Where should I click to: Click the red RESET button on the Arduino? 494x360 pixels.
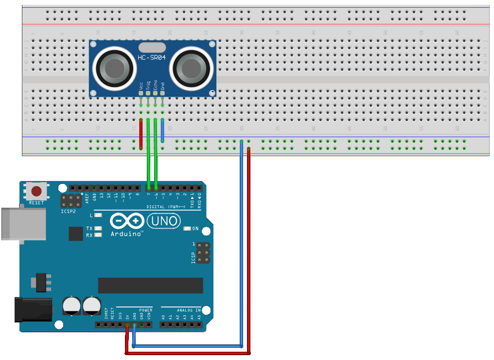(36, 191)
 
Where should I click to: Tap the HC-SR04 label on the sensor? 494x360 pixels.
(152, 57)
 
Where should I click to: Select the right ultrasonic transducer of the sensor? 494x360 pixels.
(191, 67)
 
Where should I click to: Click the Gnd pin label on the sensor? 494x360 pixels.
(162, 85)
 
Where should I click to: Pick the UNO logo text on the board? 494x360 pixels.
(164, 221)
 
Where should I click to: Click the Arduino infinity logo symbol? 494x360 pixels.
(127, 221)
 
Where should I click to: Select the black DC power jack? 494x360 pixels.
(33, 310)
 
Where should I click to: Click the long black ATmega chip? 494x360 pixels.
(150, 286)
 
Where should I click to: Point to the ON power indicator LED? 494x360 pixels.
(187, 228)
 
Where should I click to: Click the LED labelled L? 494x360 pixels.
(98, 215)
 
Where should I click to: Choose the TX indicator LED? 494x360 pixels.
(98, 228)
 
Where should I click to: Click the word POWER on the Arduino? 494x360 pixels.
(146, 310)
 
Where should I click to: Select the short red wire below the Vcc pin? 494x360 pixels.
(141, 134)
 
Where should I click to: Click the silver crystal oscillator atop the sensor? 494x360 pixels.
(152, 47)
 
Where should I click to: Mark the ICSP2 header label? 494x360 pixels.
(68, 212)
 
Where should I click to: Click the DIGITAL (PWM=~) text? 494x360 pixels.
(166, 207)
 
